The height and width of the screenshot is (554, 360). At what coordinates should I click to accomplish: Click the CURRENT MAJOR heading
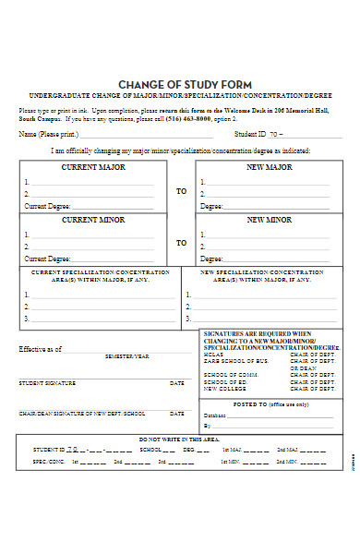point(92,167)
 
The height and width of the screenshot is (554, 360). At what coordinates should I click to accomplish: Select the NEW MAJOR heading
point(269,167)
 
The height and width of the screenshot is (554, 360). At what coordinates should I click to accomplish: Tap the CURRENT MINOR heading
point(92,220)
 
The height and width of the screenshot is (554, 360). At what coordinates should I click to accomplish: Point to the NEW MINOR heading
point(269,221)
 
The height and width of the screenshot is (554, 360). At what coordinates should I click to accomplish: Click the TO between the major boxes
point(181,190)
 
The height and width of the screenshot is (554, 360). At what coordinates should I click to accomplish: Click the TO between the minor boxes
point(181,242)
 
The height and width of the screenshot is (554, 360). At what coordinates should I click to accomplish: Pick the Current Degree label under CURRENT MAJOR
point(47,206)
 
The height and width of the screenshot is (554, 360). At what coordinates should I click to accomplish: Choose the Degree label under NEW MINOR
point(211,259)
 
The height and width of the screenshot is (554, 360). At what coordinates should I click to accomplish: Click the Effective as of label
point(41,349)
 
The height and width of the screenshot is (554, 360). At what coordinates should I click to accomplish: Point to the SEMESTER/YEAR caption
point(126,356)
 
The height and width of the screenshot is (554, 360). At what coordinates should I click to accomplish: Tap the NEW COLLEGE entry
point(222,388)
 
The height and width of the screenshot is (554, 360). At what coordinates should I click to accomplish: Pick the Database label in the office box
point(214,415)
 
